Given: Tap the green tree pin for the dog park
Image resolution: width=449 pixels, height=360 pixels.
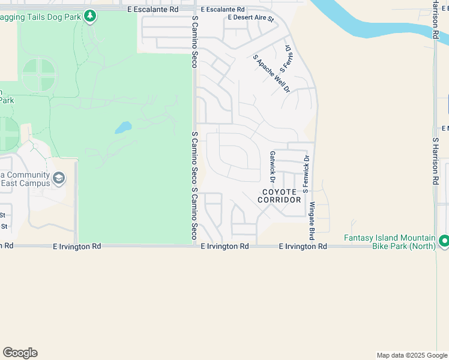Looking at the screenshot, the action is click(90, 15).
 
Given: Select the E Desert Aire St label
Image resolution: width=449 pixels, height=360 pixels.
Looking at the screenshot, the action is click(250, 19).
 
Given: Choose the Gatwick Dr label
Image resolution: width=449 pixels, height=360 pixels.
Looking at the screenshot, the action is click(273, 167).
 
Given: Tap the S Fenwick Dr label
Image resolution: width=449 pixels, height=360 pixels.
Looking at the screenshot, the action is click(306, 173).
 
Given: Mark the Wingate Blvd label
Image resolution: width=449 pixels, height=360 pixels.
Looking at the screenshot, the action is click(312, 217).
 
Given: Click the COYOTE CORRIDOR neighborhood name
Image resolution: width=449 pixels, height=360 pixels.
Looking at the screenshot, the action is click(280, 196).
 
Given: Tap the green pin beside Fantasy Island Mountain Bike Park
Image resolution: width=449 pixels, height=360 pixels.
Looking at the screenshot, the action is click(444, 241).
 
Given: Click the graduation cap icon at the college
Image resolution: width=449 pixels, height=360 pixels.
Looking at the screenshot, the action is click(59, 178).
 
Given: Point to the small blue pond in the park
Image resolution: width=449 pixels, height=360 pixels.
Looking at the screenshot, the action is click(123, 128).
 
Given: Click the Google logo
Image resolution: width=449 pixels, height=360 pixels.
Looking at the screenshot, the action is click(20, 353).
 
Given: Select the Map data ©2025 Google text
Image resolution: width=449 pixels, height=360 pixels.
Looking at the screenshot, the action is click(412, 355).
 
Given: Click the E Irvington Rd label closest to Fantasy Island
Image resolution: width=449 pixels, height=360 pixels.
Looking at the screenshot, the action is click(303, 247).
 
